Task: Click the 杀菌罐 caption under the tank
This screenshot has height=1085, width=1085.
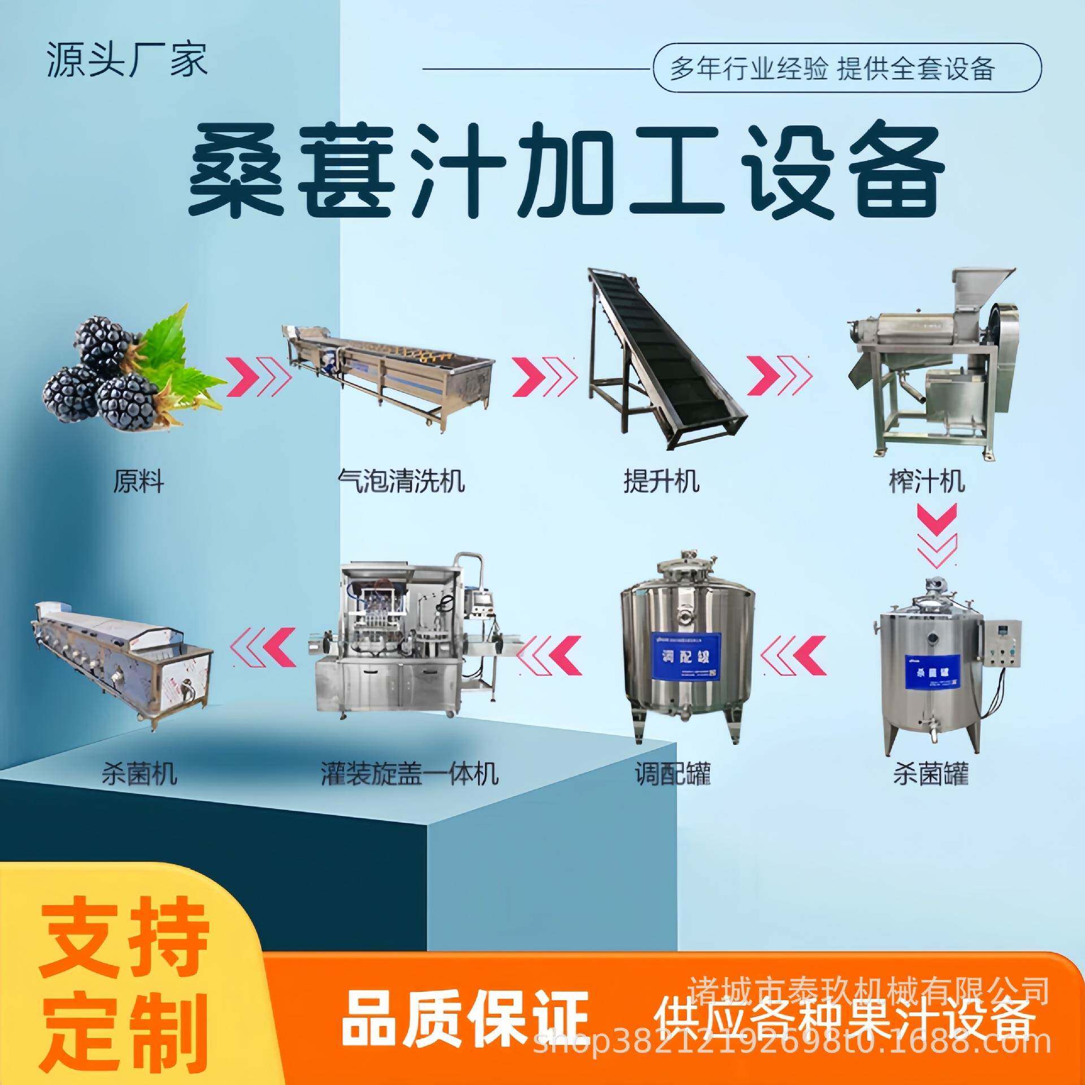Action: (x=931, y=774)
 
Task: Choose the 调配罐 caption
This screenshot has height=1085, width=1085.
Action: (x=672, y=774)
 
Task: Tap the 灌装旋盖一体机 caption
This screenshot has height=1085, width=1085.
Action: (x=410, y=774)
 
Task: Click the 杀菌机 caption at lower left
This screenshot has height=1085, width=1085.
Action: (x=139, y=774)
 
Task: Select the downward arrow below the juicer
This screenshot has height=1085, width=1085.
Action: (x=936, y=537)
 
